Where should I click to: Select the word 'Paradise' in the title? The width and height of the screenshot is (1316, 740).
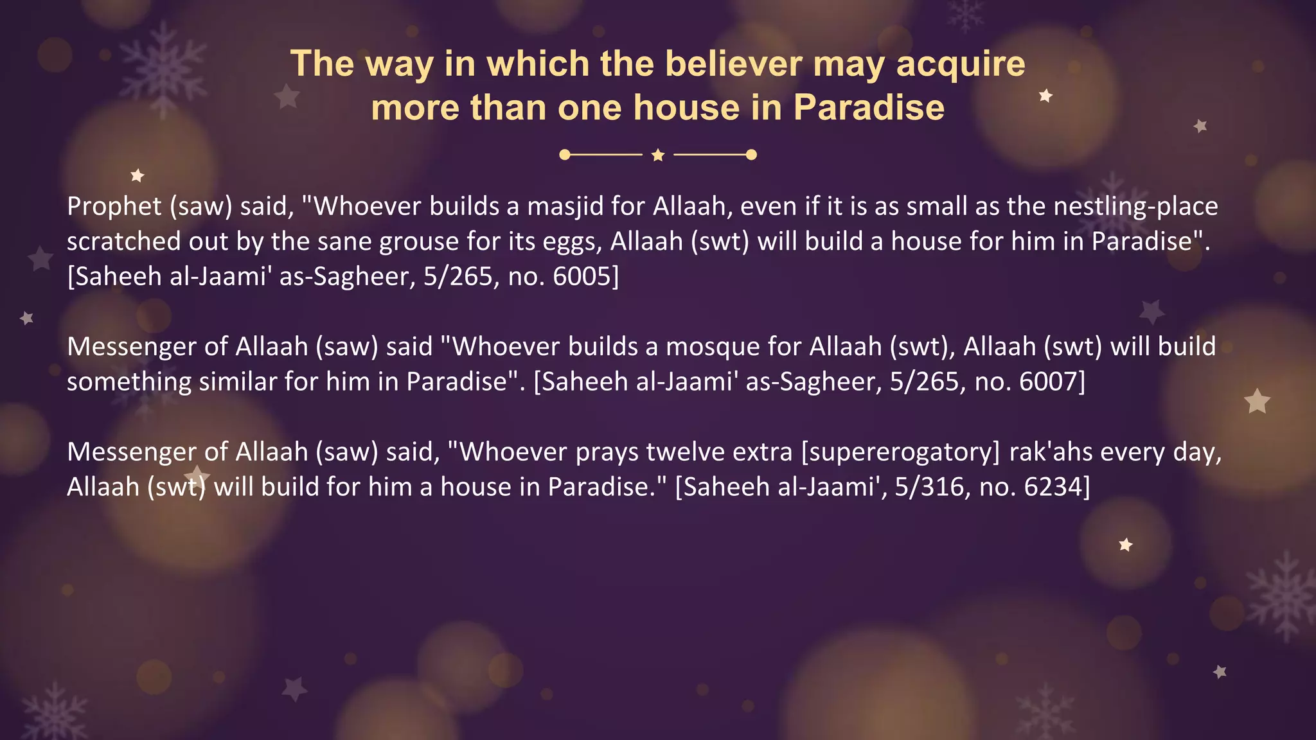869,107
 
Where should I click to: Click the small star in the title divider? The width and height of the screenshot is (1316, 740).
658,155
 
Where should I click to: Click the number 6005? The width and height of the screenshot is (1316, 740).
582,276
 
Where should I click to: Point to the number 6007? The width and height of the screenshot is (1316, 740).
1049,382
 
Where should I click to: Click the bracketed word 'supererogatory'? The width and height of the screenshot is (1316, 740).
901,452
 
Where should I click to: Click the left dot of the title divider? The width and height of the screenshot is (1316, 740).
565,155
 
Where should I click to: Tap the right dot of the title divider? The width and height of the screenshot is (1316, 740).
751,155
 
